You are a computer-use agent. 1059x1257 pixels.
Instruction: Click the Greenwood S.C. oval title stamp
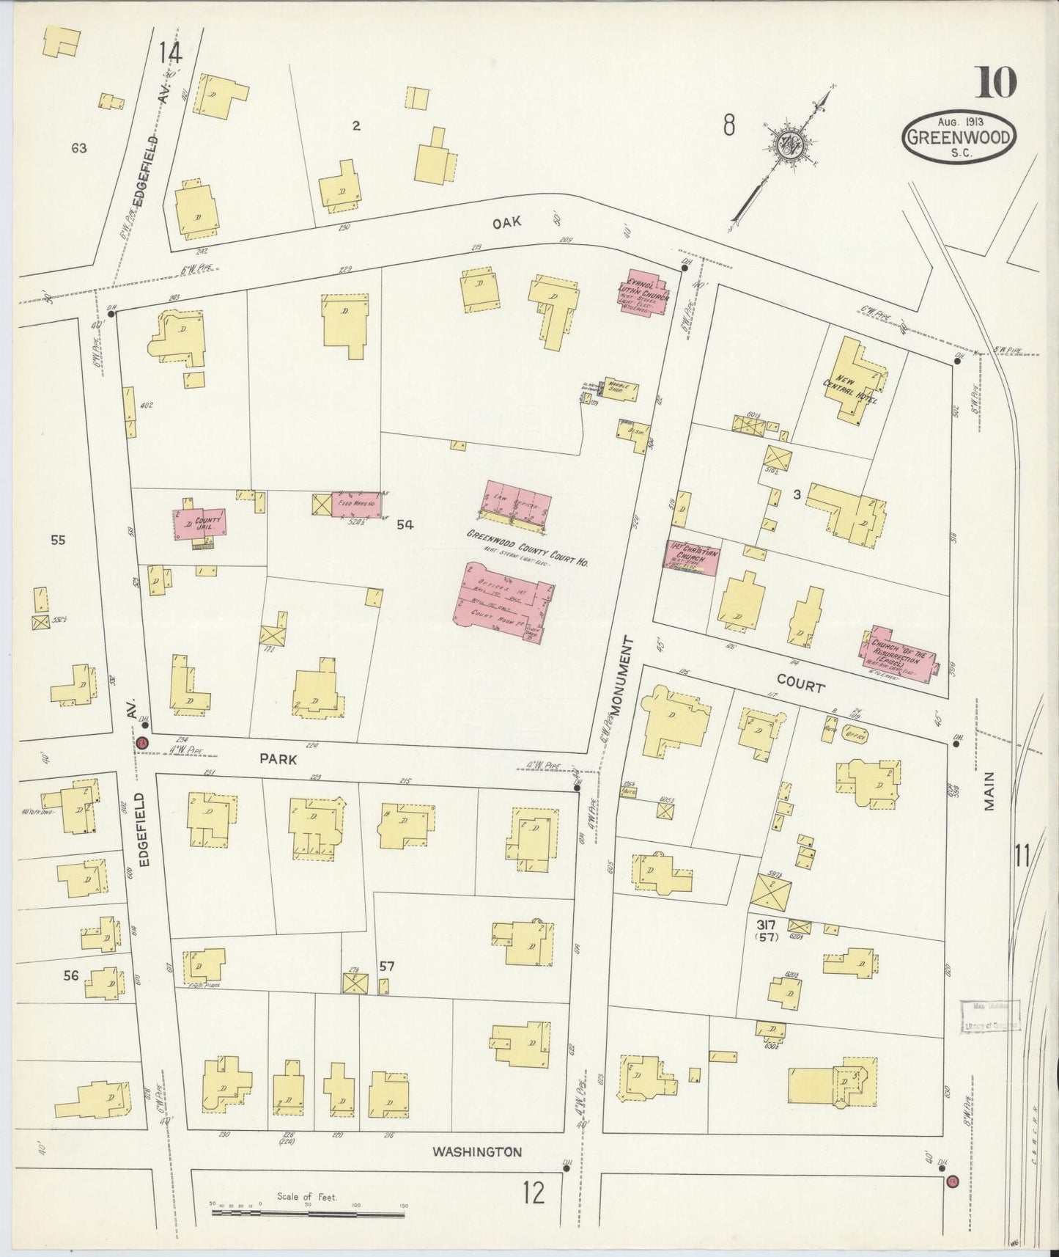click(x=959, y=137)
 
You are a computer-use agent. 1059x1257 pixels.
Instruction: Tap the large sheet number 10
click(x=995, y=81)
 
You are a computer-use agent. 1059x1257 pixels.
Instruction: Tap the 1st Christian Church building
click(x=691, y=557)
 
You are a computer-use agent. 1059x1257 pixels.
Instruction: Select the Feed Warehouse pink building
click(x=356, y=503)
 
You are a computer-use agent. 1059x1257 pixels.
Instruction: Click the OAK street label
click(x=506, y=223)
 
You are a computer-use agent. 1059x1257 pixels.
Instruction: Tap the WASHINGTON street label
click(x=477, y=1152)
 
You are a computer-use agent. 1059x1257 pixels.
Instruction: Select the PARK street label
click(x=278, y=760)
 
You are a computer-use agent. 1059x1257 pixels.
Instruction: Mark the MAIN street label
click(x=989, y=790)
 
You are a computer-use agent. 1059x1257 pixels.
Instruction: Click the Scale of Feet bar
click(x=308, y=1214)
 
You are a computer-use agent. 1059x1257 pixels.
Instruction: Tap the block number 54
click(x=405, y=524)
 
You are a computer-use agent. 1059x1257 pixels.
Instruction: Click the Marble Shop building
click(x=621, y=390)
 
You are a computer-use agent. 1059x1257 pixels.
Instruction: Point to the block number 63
click(x=79, y=148)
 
